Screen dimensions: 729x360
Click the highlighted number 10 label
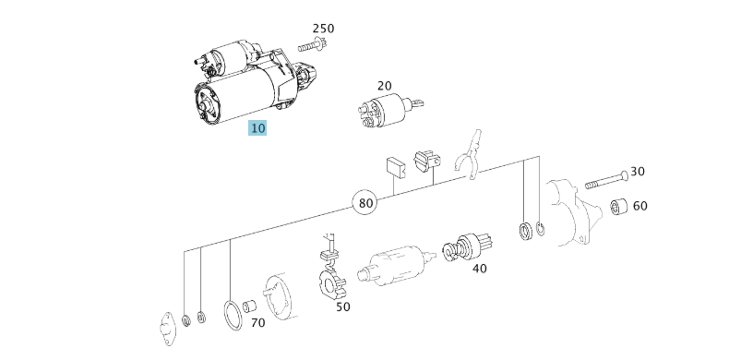coord(257,128)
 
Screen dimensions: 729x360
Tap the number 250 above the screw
coord(323,29)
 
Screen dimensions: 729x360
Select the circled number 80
coord(365,203)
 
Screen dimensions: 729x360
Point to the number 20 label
coord(385,86)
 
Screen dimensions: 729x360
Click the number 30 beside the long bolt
coord(638,172)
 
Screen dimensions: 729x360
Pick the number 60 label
coord(640,206)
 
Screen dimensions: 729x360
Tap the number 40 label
coord(479,269)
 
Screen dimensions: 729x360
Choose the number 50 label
coord(343,307)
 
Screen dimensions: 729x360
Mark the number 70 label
coord(258,323)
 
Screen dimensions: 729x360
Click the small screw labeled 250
coord(313,45)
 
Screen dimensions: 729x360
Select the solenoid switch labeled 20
coord(389,110)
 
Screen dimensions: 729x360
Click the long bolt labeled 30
coord(606,180)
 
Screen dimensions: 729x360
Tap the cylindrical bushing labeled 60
coord(619,206)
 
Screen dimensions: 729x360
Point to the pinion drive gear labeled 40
coord(467,249)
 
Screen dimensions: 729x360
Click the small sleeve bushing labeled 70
coord(250,306)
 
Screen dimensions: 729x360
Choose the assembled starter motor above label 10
coord(254,84)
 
